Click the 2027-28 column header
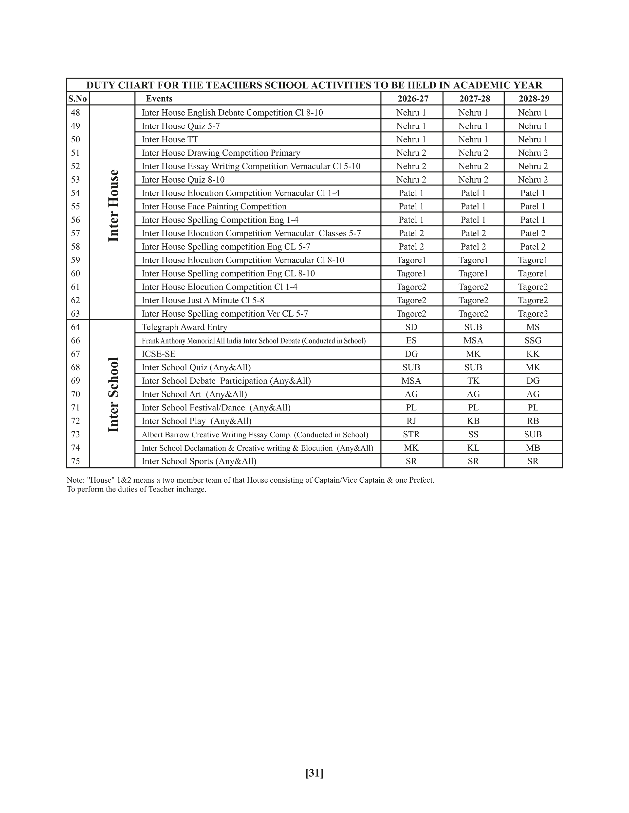click(474, 99)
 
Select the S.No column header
click(77, 99)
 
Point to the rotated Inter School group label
click(113, 395)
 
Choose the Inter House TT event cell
click(170, 140)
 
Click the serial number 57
click(75, 233)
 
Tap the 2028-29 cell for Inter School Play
click(533, 421)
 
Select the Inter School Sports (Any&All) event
click(199, 461)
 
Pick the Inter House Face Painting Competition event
click(214, 207)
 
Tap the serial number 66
click(75, 341)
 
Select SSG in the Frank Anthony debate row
click(533, 341)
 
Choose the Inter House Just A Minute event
click(203, 300)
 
